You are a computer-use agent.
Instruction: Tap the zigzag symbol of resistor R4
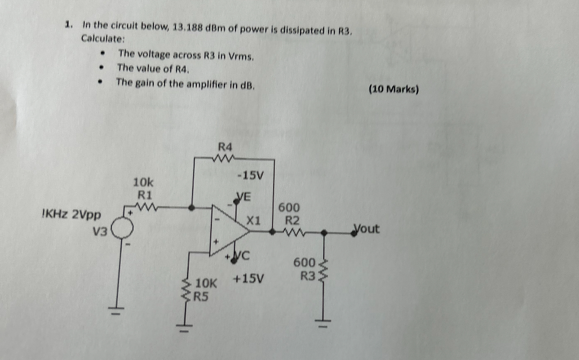[x=222, y=158]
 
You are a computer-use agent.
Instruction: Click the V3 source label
[x=100, y=232]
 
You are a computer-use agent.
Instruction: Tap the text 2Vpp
[x=86, y=214]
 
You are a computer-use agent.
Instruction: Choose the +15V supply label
[x=249, y=279]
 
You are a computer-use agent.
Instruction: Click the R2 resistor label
[x=292, y=219]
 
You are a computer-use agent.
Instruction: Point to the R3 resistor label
[x=307, y=276]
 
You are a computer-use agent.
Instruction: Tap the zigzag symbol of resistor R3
[x=323, y=271]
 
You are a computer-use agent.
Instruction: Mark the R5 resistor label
[x=201, y=295]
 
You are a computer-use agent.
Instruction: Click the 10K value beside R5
[x=207, y=283]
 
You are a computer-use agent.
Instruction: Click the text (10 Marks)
[x=393, y=90]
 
